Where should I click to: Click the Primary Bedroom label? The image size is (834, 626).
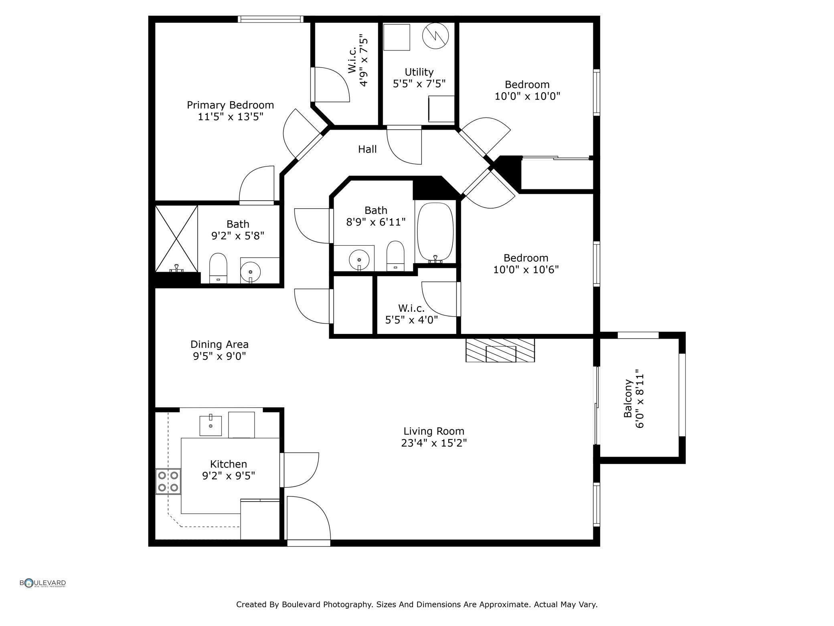(x=230, y=105)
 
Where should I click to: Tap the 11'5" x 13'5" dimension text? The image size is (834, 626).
(x=231, y=117)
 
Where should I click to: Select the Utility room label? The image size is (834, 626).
(x=419, y=72)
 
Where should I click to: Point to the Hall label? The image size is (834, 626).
(x=367, y=149)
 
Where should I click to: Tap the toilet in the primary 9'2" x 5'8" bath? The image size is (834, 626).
(x=219, y=268)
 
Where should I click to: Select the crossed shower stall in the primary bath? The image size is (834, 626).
(x=176, y=239)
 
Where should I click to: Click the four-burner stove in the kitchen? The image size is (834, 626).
(x=168, y=482)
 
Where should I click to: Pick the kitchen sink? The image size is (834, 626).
(x=211, y=426)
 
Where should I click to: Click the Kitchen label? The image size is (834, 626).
(x=229, y=464)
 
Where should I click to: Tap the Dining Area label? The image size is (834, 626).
(x=219, y=344)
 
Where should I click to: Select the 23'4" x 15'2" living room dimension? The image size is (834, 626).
(x=434, y=443)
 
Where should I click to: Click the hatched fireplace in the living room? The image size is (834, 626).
(x=500, y=350)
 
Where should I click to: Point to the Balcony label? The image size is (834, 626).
(x=628, y=398)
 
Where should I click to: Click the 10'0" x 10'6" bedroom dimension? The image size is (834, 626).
(x=526, y=270)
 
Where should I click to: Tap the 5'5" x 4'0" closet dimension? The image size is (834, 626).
(x=411, y=320)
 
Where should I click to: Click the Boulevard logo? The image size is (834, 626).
(x=43, y=583)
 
